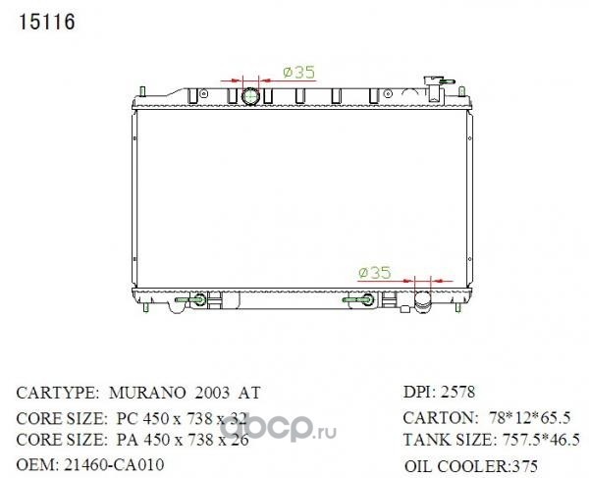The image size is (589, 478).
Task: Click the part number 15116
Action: pyautogui.click(x=46, y=22)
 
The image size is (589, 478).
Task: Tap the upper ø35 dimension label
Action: pyautogui.click(x=299, y=72)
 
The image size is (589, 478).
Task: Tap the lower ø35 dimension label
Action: pyautogui.click(x=375, y=273)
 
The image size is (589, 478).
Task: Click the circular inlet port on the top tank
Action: pyautogui.click(x=251, y=97)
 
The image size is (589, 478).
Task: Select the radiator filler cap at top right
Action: pyautogui.click(x=437, y=88)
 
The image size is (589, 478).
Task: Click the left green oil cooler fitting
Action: pyautogui.click(x=190, y=299)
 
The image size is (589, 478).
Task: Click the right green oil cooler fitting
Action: pyautogui.click(x=358, y=299)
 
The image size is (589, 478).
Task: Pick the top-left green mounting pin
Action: pyautogui.click(x=142, y=92)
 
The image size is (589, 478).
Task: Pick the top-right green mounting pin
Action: pyautogui.click(x=461, y=92)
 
